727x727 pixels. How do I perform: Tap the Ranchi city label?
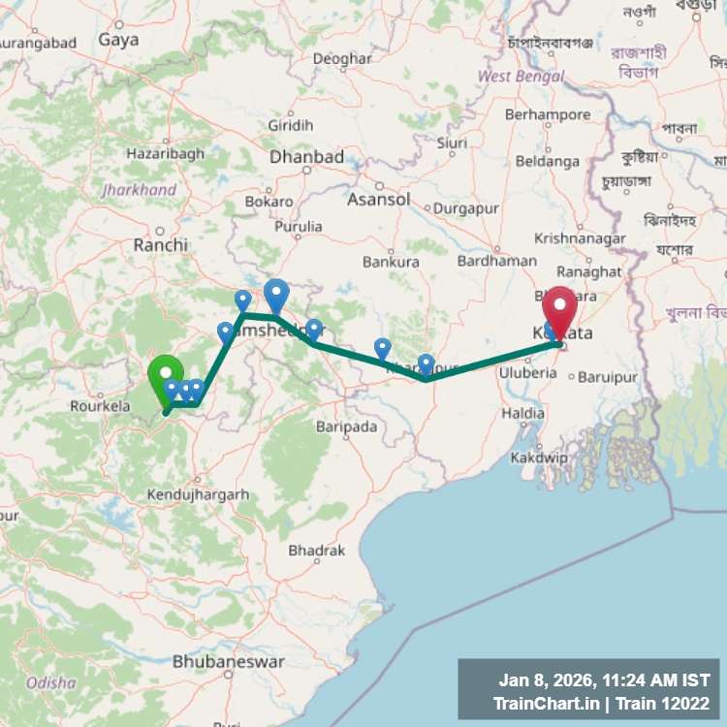pos(161,245)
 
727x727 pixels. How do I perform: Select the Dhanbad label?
pos(306,157)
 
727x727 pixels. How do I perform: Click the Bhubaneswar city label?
pos(229,662)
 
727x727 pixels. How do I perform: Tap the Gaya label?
pos(118,41)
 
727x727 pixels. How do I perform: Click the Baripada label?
pos(346,426)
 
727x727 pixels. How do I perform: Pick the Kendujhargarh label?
pos(198,495)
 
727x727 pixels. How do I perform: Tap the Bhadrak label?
pos(316,551)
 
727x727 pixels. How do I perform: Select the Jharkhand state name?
pos(140,190)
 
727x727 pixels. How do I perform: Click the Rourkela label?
pos(100,407)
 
